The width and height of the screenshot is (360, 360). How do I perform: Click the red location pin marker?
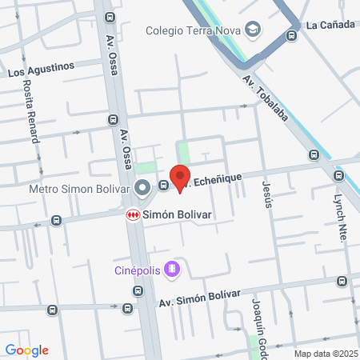[x=180, y=178]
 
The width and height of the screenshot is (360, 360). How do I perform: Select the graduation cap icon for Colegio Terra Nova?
[x=253, y=30]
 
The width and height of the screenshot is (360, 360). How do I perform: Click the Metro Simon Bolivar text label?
[x=79, y=190]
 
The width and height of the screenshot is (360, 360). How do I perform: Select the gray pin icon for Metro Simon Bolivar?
[x=143, y=190]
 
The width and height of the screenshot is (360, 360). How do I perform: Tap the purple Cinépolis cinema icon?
[x=170, y=269]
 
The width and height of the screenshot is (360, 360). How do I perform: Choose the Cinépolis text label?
[x=136, y=270]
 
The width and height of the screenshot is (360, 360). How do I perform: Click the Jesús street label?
[x=267, y=194]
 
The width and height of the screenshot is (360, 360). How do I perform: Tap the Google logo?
[x=27, y=350]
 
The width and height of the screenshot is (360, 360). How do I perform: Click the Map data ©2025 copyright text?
[x=326, y=354]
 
